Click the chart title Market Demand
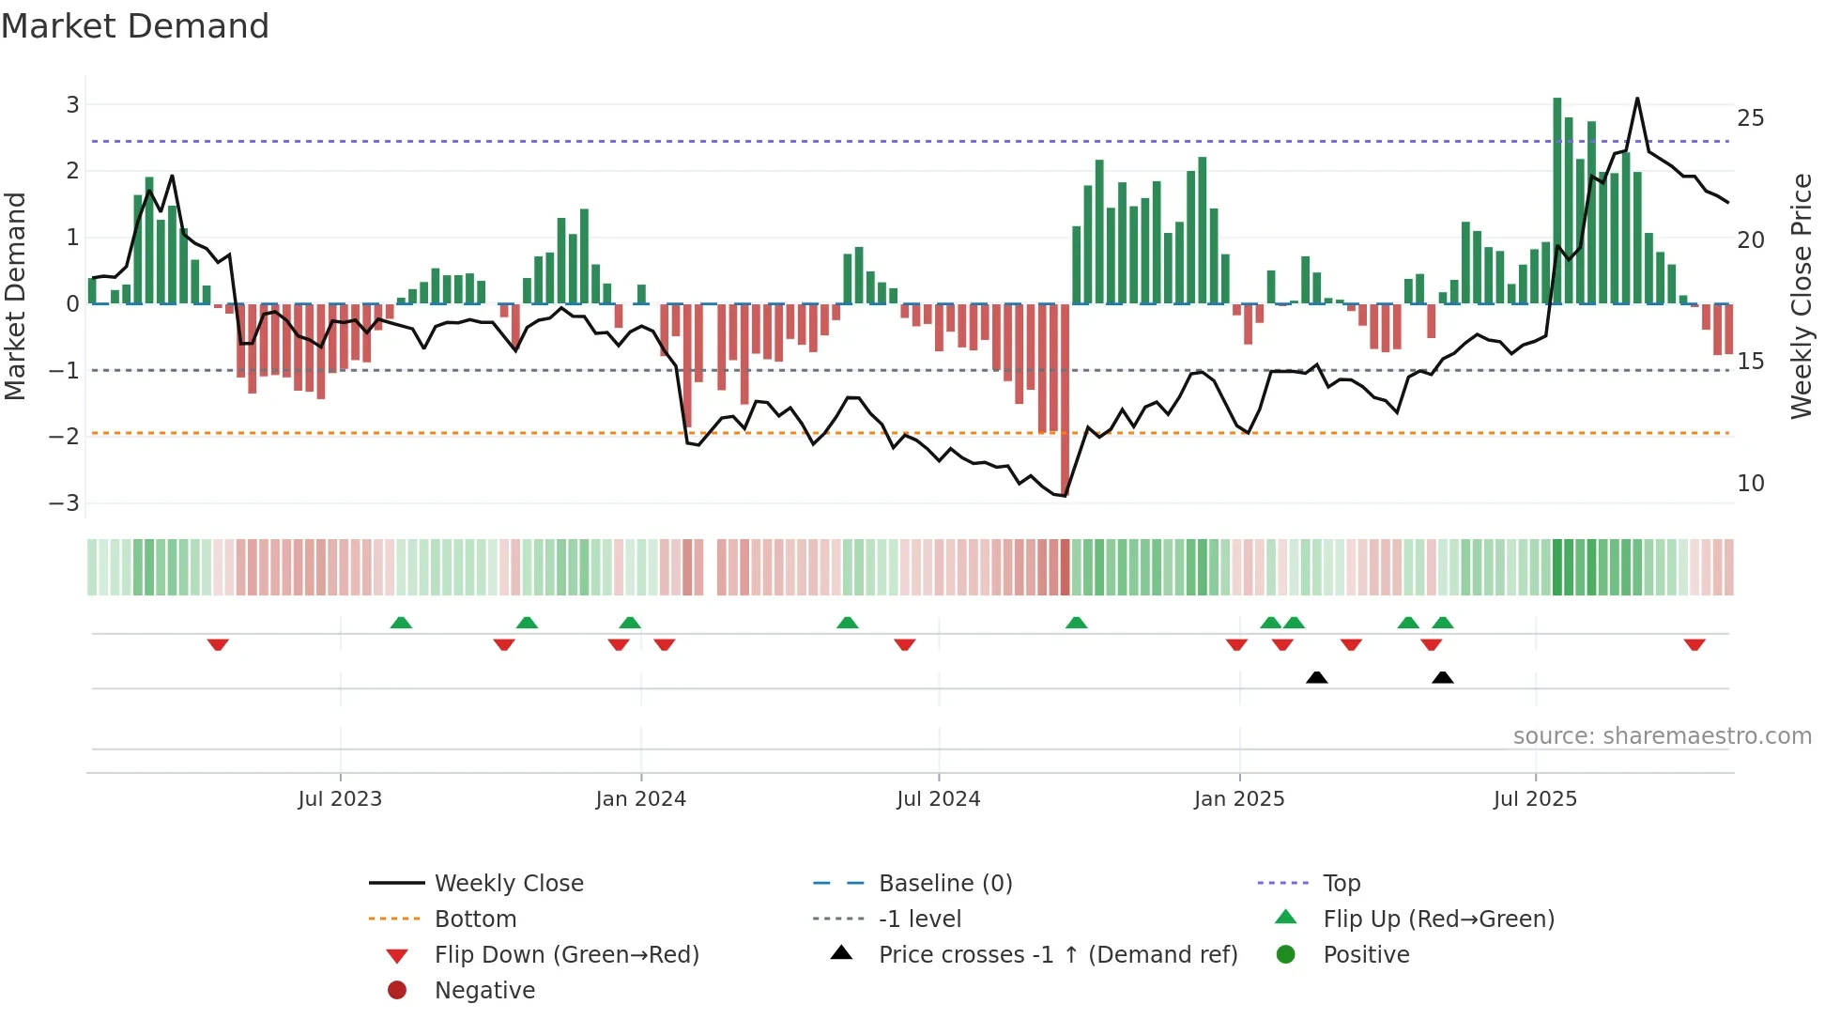[x=135, y=26]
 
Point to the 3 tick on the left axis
[x=72, y=104]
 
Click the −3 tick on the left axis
[x=65, y=502]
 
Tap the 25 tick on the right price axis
[x=1750, y=118]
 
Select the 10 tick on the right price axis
[x=1750, y=484]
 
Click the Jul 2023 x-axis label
[x=340, y=799]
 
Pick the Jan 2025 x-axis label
[x=1239, y=799]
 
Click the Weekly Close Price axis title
[x=1801, y=296]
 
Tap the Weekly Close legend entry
[x=508, y=883]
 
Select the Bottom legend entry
[x=475, y=919]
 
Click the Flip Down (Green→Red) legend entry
[x=566, y=954]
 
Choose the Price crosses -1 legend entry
[x=1057, y=954]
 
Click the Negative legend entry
[x=484, y=990]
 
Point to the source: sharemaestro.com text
[x=1662, y=735]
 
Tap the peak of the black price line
[x=1637, y=99]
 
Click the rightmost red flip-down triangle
[x=1694, y=644]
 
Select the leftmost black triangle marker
[x=1316, y=677]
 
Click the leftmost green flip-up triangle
[x=401, y=623]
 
